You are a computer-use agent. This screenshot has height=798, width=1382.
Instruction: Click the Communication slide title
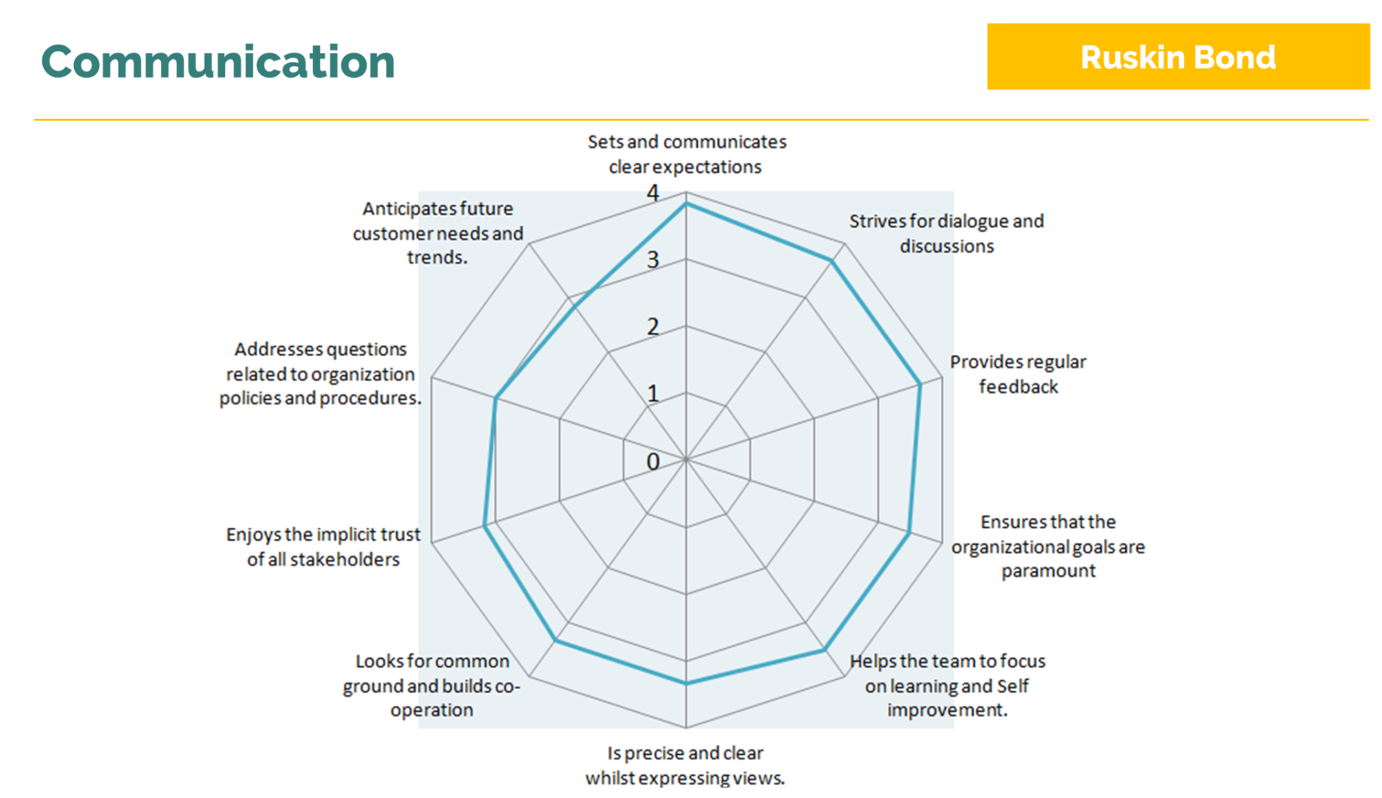coord(218,61)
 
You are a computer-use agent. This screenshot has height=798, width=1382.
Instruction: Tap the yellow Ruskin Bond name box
coord(1178,57)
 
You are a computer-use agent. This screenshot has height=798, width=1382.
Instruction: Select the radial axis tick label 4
coord(653,193)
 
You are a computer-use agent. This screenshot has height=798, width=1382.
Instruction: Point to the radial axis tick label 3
coord(653,260)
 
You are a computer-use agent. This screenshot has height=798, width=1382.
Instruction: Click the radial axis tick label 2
coord(653,327)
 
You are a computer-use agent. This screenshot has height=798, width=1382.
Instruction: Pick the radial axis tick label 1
coord(653,394)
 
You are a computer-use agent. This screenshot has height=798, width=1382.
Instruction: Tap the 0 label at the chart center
coord(653,462)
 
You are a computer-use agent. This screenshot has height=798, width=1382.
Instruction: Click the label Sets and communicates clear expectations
coord(686,154)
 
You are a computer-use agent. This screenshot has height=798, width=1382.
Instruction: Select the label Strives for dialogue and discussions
coord(947,234)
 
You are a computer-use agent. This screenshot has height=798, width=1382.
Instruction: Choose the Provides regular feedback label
coord(1018,374)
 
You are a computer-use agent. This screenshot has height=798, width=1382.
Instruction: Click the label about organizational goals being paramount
coord(1048,546)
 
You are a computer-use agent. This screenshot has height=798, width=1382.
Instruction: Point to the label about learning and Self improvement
coord(947,685)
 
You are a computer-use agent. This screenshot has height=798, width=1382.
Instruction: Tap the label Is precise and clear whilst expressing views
coord(685,766)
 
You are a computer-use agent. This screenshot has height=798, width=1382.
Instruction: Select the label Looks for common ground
coord(432,685)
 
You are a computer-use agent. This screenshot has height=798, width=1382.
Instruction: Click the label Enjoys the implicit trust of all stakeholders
coord(323,547)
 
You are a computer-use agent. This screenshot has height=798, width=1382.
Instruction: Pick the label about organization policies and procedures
coord(321,373)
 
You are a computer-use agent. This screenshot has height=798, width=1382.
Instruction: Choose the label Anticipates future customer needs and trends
coord(438,232)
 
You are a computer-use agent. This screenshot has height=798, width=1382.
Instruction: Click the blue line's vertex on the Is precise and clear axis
coord(686,683)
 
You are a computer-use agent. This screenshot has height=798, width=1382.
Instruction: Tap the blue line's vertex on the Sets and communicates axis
coord(686,204)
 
